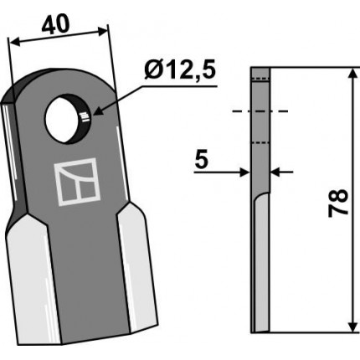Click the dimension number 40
[55, 24]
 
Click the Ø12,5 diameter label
[180, 69]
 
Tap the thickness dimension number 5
[202, 160]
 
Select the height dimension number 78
[338, 203]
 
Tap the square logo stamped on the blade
[77, 182]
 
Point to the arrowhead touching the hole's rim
[97, 112]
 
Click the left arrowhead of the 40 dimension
[14, 42]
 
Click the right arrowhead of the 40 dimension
[102, 31]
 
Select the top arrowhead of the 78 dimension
[353, 73]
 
